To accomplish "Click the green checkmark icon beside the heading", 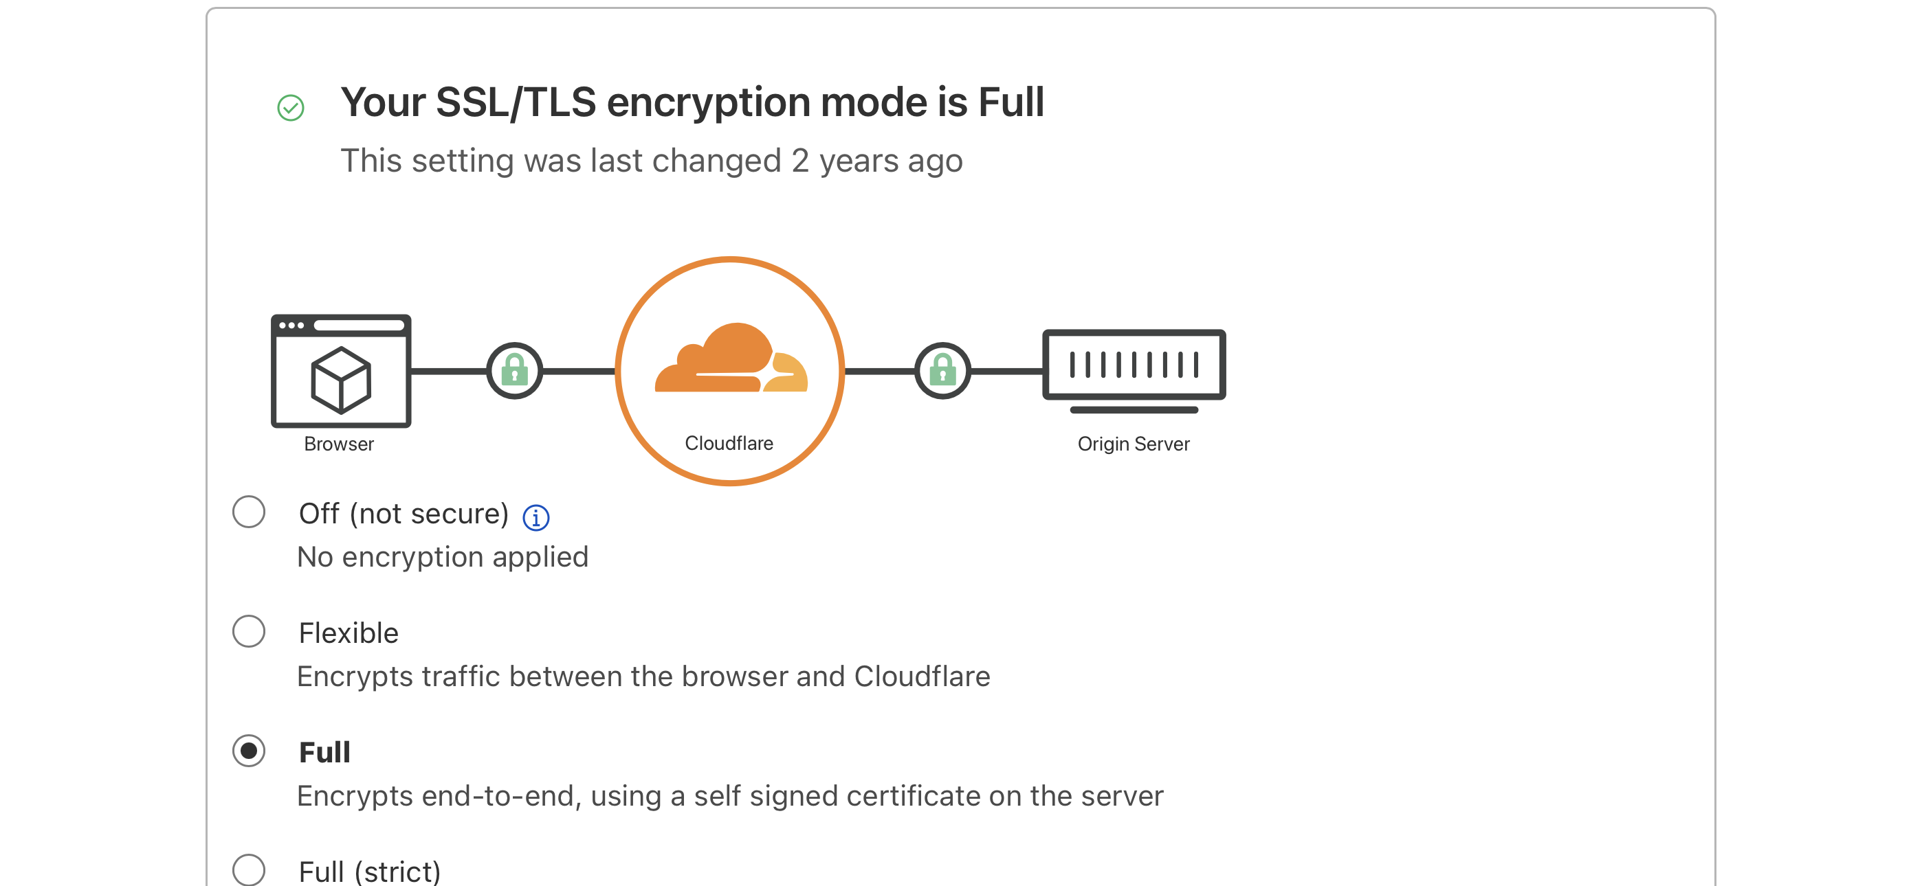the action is (290, 107).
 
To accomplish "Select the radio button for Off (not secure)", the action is (248, 512).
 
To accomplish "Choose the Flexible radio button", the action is (248, 631).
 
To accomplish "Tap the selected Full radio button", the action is (248, 750).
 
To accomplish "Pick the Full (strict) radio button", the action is (248, 870).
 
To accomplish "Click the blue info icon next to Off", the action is (535, 516).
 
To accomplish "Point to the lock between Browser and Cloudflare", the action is (515, 371).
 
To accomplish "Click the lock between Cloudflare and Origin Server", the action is (942, 371).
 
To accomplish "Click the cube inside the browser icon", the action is (341, 380).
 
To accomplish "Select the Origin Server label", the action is (1134, 444).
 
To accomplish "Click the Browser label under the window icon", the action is (339, 444).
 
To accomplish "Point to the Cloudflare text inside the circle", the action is (729, 443).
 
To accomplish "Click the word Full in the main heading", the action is (1011, 102).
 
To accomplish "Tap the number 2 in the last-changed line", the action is (800, 160).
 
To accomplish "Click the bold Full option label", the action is (324, 752).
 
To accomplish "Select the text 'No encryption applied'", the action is (443, 557).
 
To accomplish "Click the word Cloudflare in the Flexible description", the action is (923, 677).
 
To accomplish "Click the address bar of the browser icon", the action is (359, 325).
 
